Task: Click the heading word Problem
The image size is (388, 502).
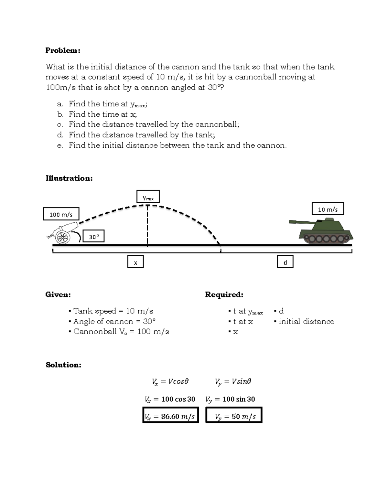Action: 62,50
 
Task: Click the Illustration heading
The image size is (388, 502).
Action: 69,178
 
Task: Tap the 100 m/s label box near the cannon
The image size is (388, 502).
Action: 61,214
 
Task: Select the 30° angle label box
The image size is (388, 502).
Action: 94,237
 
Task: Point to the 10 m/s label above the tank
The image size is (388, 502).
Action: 328,209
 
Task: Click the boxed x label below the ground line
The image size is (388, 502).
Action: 135,262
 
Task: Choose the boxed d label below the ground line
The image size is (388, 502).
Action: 285,262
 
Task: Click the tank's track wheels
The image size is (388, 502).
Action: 326,239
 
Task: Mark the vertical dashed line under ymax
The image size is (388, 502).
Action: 147,226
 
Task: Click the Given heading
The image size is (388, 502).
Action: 58,294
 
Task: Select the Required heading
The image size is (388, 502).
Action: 224,294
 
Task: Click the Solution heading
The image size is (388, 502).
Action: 63,365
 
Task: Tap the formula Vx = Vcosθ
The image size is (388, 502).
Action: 170,381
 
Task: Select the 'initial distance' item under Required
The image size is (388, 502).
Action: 306,321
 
